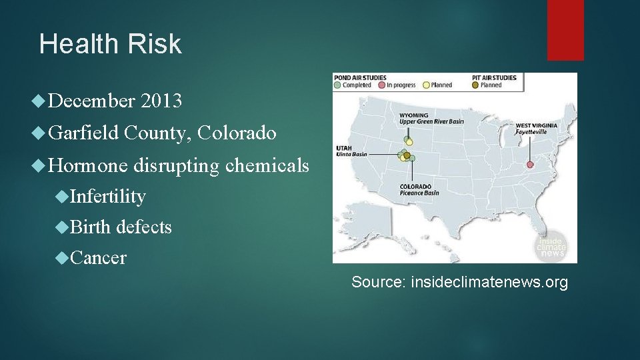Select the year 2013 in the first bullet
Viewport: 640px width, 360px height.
pyautogui.click(x=161, y=101)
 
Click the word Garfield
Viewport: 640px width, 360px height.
pyautogui.click(x=84, y=133)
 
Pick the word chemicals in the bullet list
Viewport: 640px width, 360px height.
pyautogui.click(x=267, y=165)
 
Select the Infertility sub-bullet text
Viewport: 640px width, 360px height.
pyautogui.click(x=107, y=197)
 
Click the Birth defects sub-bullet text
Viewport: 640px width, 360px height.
pyautogui.click(x=121, y=227)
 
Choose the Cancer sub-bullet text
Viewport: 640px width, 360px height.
pyautogui.click(x=97, y=258)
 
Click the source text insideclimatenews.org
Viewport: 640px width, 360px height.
pyautogui.click(x=489, y=282)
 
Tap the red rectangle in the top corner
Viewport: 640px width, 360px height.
pyautogui.click(x=565, y=30)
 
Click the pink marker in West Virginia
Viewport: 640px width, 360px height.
pyautogui.click(x=530, y=164)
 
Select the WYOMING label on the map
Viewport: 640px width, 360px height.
pyautogui.click(x=414, y=115)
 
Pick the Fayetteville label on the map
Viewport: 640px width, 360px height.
pyautogui.click(x=531, y=132)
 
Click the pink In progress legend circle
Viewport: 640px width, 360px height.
pyautogui.click(x=381, y=85)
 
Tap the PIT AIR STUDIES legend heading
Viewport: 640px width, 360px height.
pyautogui.click(x=494, y=78)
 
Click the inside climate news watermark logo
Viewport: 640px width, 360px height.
pyautogui.click(x=551, y=246)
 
